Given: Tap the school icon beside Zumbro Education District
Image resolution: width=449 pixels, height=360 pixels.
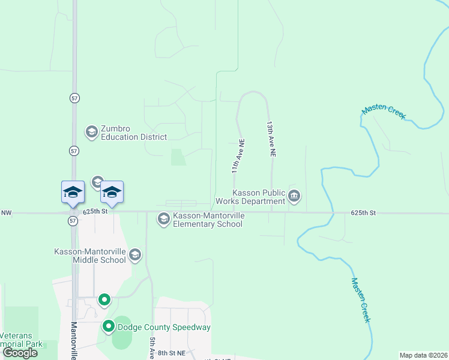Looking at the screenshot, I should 91,132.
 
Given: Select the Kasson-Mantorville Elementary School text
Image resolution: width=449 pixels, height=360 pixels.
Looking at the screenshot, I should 208,220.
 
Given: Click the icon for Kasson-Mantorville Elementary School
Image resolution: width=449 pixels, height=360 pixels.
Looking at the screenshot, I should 163,220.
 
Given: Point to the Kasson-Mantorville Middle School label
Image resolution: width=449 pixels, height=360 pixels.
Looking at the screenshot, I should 91,256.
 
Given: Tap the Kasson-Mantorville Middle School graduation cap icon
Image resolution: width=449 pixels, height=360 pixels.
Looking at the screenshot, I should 135,256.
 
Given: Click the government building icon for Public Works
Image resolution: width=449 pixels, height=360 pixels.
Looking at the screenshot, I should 294,196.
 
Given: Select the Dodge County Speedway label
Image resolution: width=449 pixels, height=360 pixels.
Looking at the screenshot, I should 164,327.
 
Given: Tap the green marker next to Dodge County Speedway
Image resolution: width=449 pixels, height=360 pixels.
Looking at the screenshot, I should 109,327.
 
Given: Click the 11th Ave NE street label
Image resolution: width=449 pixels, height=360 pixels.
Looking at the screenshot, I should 238,157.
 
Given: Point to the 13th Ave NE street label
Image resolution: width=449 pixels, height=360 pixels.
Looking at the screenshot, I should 271,139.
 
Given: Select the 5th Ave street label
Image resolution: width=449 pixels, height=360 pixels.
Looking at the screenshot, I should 151,347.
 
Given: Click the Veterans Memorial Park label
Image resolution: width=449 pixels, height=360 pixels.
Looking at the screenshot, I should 22,340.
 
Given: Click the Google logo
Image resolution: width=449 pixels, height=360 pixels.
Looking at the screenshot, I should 20,353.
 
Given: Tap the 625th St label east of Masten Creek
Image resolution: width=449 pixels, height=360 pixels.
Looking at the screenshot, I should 363,213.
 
